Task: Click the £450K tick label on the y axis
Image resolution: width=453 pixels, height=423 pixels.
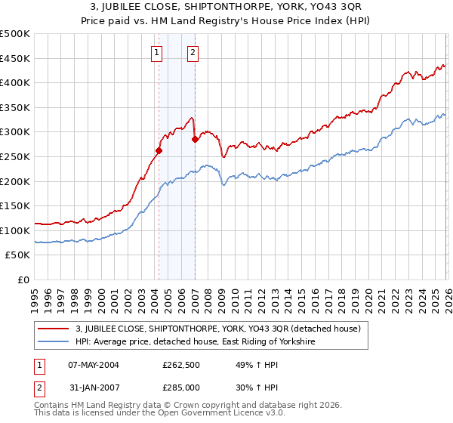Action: pyautogui.click(x=15, y=58)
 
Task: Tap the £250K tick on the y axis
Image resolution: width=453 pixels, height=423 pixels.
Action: pyautogui.click(x=15, y=156)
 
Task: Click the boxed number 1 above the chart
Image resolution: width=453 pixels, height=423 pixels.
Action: pyautogui.click(x=156, y=52)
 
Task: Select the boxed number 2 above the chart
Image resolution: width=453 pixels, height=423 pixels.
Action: pyautogui.click(x=193, y=52)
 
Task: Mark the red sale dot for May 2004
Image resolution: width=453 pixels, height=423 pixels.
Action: pyautogui.click(x=159, y=150)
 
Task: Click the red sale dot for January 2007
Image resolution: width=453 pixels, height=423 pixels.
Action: pyautogui.click(x=195, y=139)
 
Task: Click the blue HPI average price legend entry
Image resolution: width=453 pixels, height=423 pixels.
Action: pyautogui.click(x=195, y=342)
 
